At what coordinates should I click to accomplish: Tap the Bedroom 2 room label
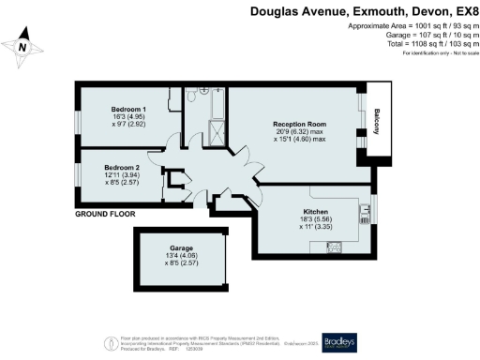[122, 167]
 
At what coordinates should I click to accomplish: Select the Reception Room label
[299, 125]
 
